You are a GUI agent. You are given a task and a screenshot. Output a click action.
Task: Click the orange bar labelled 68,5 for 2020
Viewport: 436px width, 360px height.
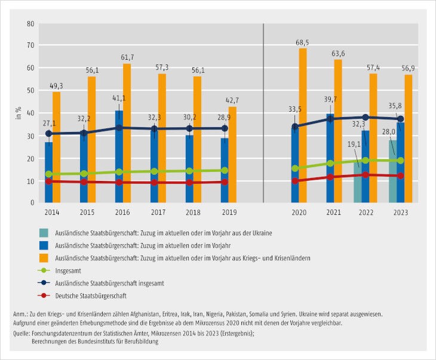tap(303, 125)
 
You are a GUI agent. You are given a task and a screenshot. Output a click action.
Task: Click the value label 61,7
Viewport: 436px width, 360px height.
tap(127, 57)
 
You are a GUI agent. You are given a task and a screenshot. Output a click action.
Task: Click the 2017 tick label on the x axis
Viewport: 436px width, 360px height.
tap(158, 211)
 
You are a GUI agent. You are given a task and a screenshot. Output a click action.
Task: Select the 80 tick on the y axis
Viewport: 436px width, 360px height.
tap(29, 24)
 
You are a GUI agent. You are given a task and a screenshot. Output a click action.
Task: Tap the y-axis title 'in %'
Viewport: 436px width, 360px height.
tap(19, 113)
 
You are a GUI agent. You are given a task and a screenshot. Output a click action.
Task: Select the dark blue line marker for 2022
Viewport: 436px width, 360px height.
tap(366, 117)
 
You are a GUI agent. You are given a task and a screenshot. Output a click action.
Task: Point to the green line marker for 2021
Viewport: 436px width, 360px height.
tap(330, 163)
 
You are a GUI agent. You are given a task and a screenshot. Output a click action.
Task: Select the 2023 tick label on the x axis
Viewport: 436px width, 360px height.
tap(400, 211)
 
